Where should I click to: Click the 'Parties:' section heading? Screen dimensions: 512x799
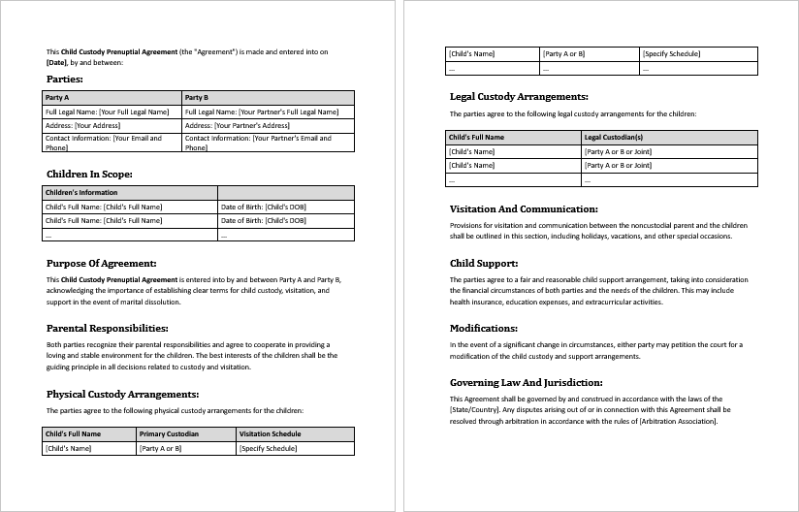pos(65,79)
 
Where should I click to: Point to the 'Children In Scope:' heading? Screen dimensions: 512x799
pos(89,174)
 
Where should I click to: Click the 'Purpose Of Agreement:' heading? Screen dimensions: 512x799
pos(101,263)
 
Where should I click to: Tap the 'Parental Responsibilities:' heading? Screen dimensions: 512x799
pos(108,328)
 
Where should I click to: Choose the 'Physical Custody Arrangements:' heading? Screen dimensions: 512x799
pos(122,394)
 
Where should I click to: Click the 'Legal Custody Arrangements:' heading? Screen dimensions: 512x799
pos(519,97)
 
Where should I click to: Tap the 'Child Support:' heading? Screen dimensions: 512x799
pos(484,263)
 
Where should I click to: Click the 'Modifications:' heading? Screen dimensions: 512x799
pos(484,328)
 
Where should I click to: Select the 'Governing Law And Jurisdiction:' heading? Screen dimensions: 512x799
pos(527,382)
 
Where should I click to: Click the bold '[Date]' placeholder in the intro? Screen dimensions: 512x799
pos(56,62)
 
